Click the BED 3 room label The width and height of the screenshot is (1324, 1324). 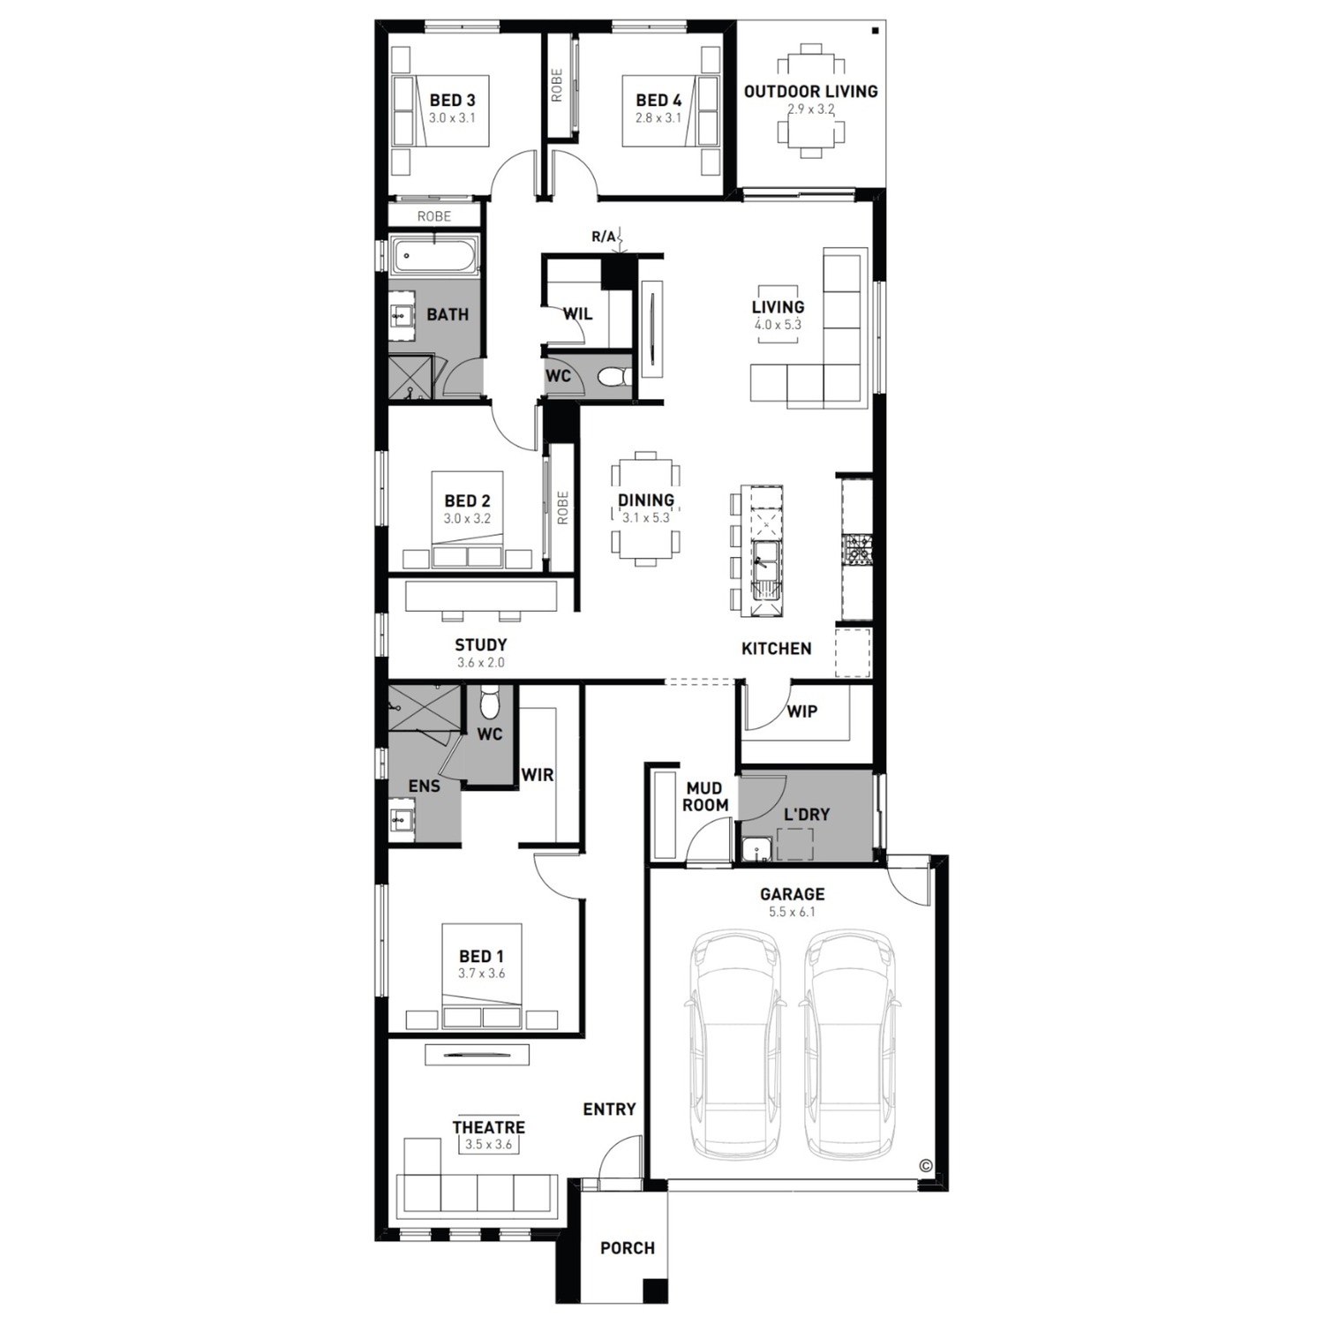pos(452,100)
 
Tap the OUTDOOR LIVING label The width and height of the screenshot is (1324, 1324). pos(810,91)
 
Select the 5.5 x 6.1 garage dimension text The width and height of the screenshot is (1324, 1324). pos(792,912)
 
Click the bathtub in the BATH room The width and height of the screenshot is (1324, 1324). pos(435,259)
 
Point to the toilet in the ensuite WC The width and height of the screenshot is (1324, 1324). pos(490,704)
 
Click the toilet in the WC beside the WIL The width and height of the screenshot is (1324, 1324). pos(614,378)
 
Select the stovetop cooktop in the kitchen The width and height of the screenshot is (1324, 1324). pos(856,549)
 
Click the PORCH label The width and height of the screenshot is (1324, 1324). pos(628,1248)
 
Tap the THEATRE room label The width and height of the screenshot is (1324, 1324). pos(488,1127)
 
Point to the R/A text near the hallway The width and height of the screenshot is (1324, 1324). pos(604,237)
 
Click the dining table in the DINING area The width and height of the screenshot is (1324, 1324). pos(645,508)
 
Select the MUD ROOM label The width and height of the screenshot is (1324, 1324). pos(704,796)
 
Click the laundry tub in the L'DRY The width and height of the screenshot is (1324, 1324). pos(756,849)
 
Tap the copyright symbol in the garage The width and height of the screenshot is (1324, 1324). pos(925,1165)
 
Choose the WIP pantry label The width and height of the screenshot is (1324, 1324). pos(801,711)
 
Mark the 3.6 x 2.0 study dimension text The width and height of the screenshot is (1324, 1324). pos(480,662)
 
